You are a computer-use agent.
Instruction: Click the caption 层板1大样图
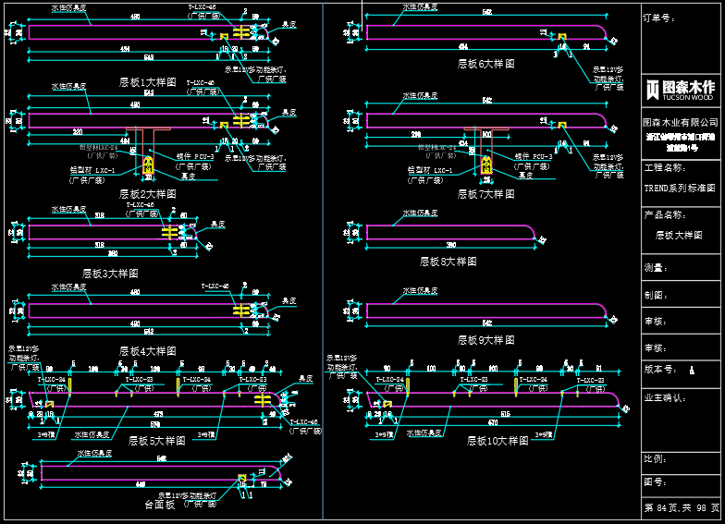click(147, 82)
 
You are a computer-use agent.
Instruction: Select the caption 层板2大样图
click(147, 194)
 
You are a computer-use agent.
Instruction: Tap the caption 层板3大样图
click(110, 274)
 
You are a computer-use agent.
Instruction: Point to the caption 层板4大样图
click(147, 351)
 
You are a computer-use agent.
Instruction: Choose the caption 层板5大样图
click(157, 441)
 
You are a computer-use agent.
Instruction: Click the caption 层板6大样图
click(485, 64)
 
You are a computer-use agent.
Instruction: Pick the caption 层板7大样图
click(485, 194)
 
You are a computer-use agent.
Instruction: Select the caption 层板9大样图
click(485, 340)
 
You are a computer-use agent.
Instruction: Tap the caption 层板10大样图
click(498, 441)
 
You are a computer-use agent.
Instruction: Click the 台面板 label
click(160, 505)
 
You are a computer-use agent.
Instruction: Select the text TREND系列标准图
click(680, 188)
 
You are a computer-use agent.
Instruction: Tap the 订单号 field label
click(657, 18)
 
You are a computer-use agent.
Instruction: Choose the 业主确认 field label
click(664, 398)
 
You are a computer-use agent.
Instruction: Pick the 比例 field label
click(655, 459)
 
